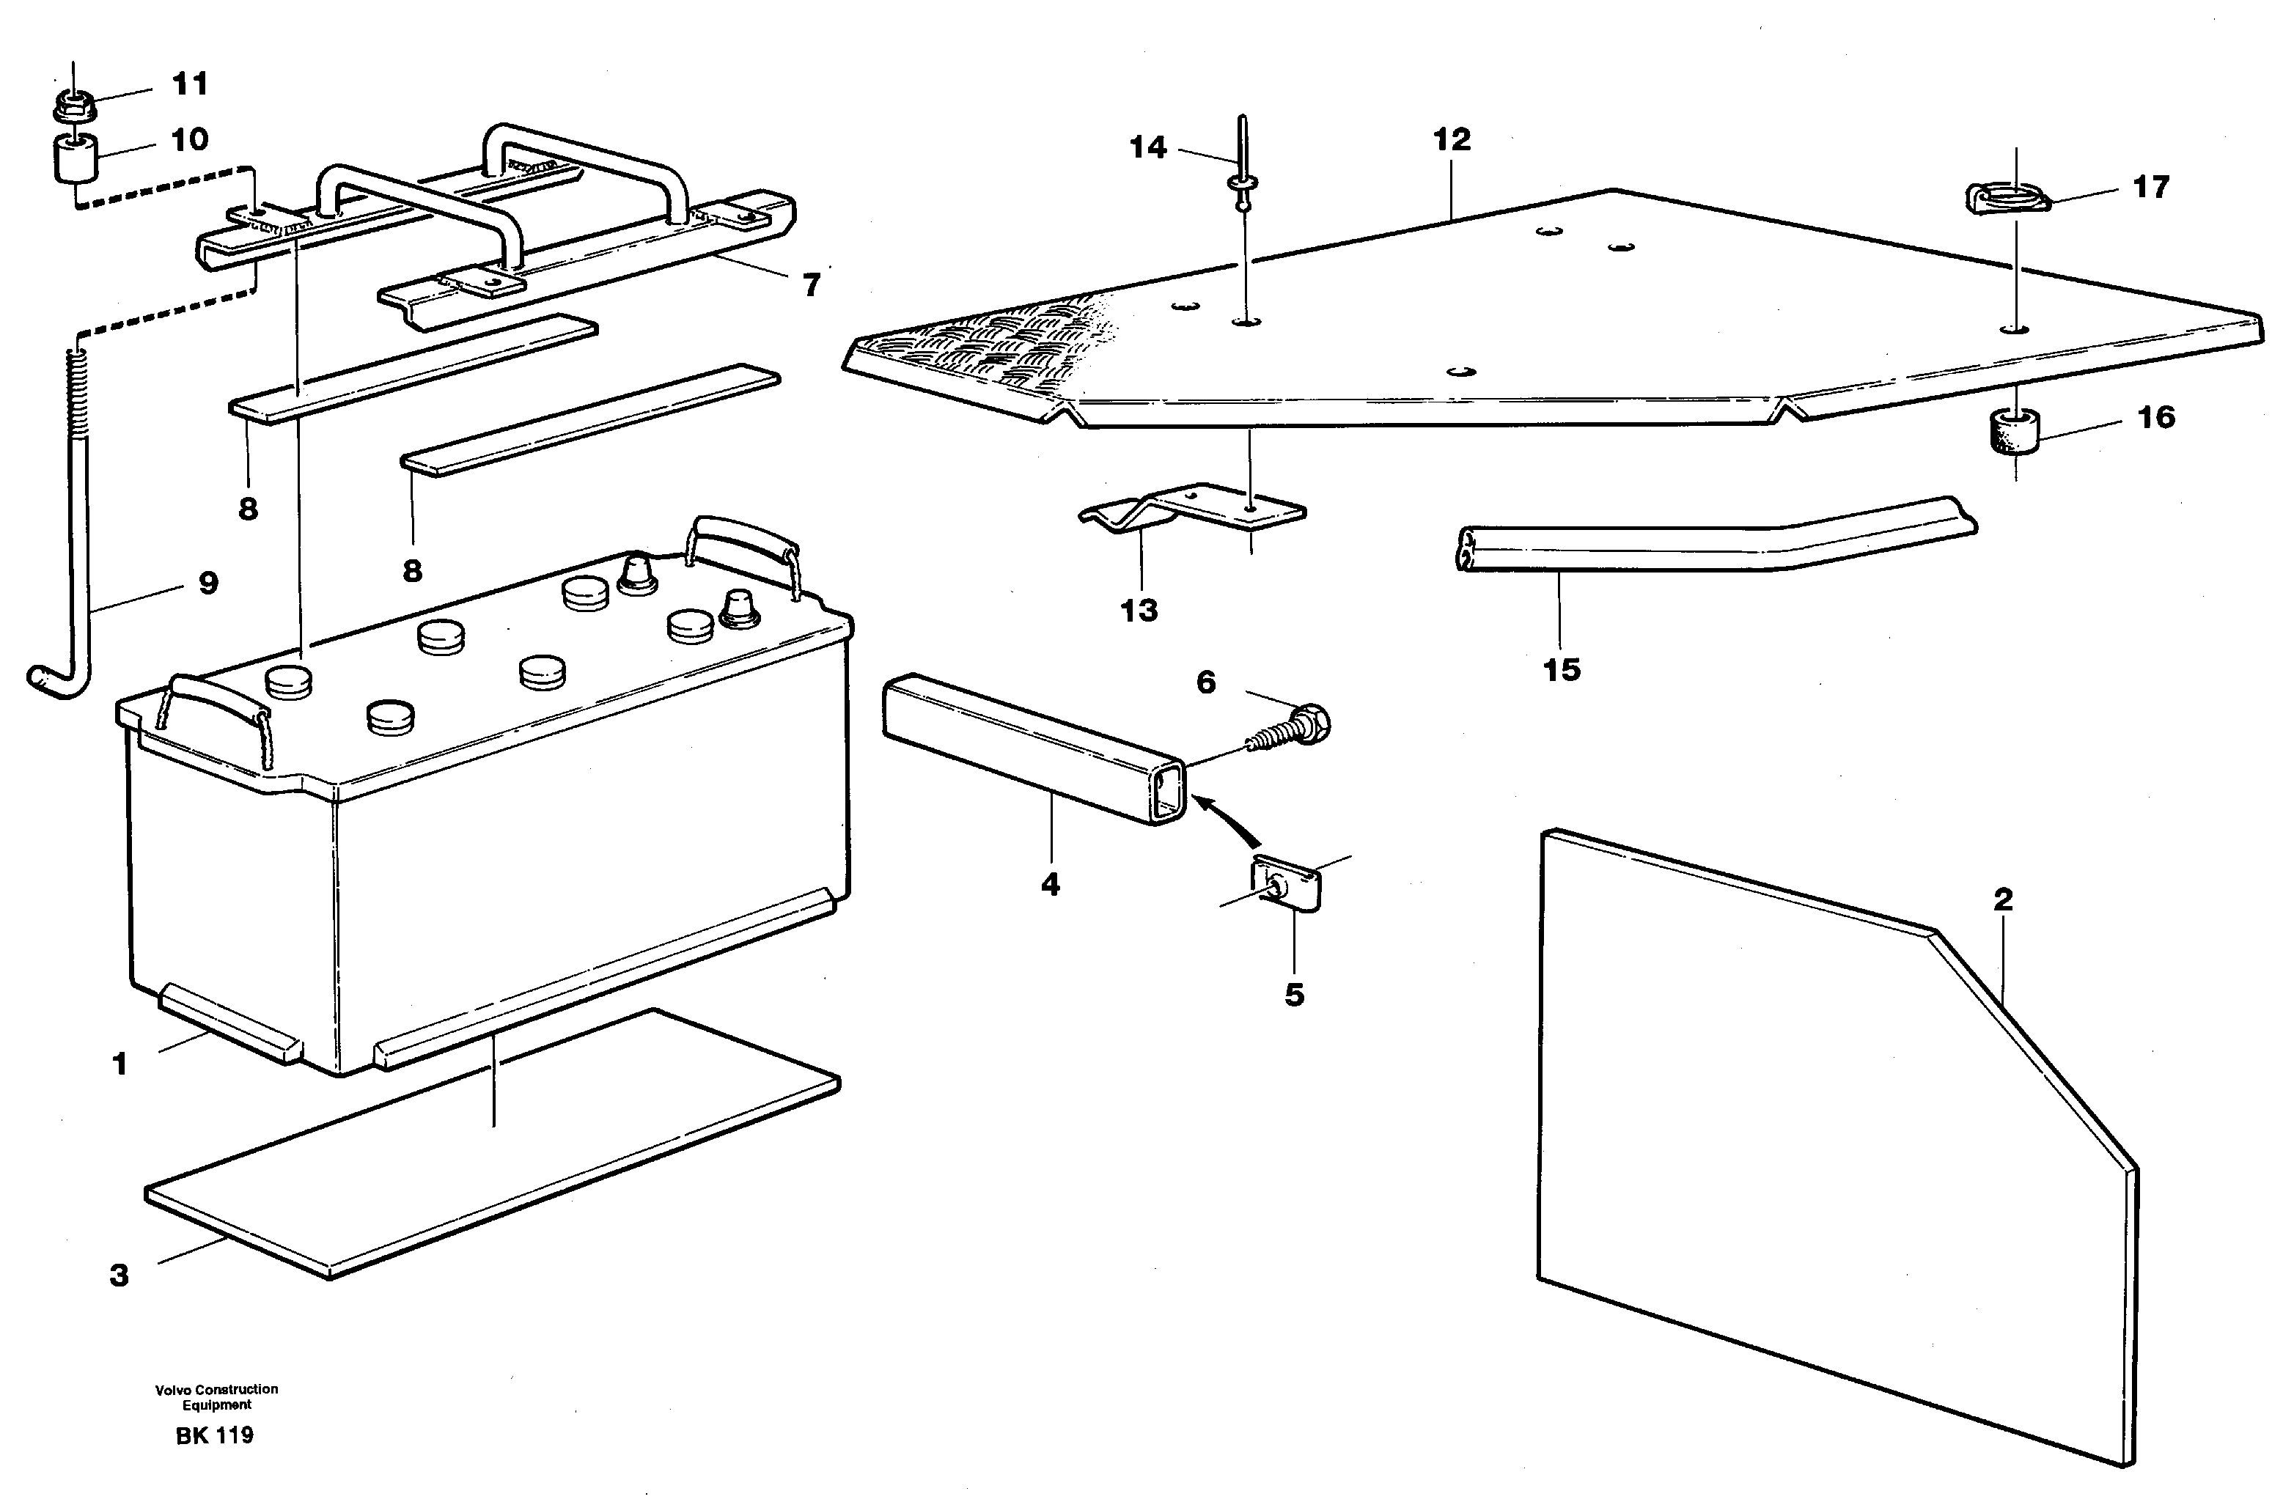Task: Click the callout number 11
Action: tap(190, 84)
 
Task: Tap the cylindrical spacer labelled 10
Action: tap(75, 158)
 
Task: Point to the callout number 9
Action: tap(208, 583)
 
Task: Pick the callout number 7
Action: tap(812, 284)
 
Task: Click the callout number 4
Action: tap(1051, 883)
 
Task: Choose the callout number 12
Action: tap(1451, 140)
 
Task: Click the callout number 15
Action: tap(1562, 669)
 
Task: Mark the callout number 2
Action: tap(2003, 899)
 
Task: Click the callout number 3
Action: tap(119, 1275)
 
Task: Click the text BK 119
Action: tap(215, 1435)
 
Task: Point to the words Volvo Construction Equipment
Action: tap(216, 1396)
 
